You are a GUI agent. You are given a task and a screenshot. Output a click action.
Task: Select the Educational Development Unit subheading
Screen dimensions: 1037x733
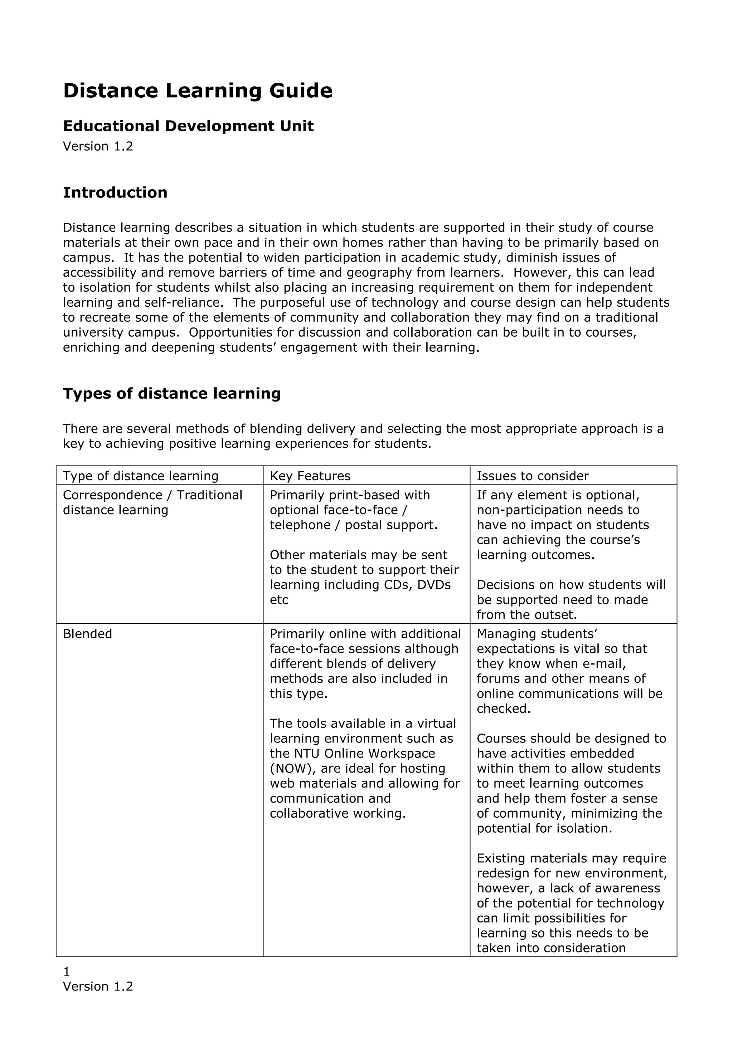(x=188, y=126)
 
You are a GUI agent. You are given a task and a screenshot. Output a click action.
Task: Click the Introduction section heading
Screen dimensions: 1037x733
(x=115, y=193)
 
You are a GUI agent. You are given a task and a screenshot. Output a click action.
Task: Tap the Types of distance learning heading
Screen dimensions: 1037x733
(x=172, y=393)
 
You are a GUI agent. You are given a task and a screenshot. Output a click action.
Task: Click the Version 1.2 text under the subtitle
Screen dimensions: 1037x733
(x=98, y=146)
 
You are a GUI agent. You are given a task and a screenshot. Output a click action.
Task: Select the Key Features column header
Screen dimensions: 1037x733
(x=310, y=476)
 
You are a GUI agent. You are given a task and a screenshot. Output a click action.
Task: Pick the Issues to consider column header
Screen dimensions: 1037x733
(x=533, y=476)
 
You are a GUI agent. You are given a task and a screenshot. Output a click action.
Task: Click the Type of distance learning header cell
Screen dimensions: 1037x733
(x=140, y=476)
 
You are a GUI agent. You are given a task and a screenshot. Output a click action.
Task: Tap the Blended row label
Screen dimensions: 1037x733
(x=87, y=634)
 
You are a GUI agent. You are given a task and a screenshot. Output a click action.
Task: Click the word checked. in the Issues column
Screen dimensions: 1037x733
(x=504, y=709)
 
